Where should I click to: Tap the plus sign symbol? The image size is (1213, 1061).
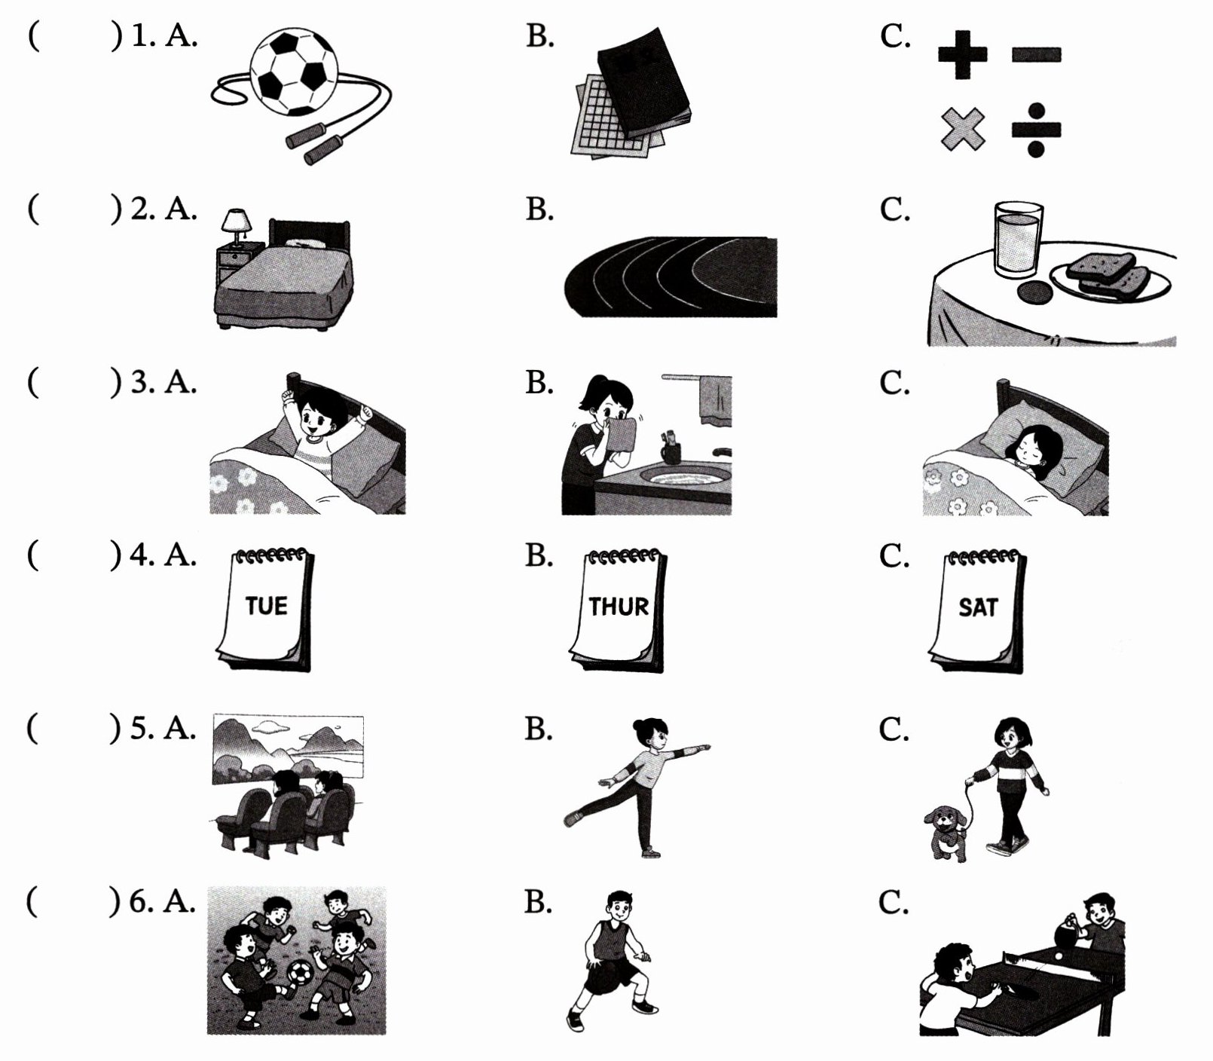(x=962, y=54)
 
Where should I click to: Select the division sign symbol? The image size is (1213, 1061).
(x=1035, y=130)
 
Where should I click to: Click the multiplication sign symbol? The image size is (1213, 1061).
(x=963, y=129)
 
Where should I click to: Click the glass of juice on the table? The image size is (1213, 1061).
(x=1018, y=239)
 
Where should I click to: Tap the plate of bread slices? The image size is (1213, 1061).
(x=1111, y=277)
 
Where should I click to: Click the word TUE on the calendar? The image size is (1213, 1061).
(x=266, y=605)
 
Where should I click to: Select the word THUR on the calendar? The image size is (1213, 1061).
(x=619, y=606)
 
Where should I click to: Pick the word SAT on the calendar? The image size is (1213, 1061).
(x=978, y=607)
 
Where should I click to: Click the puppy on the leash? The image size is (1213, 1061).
(x=947, y=833)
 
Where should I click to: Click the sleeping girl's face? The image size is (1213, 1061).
(x=1028, y=453)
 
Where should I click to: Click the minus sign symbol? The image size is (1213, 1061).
(x=1036, y=54)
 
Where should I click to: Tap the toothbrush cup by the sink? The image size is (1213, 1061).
(x=671, y=451)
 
